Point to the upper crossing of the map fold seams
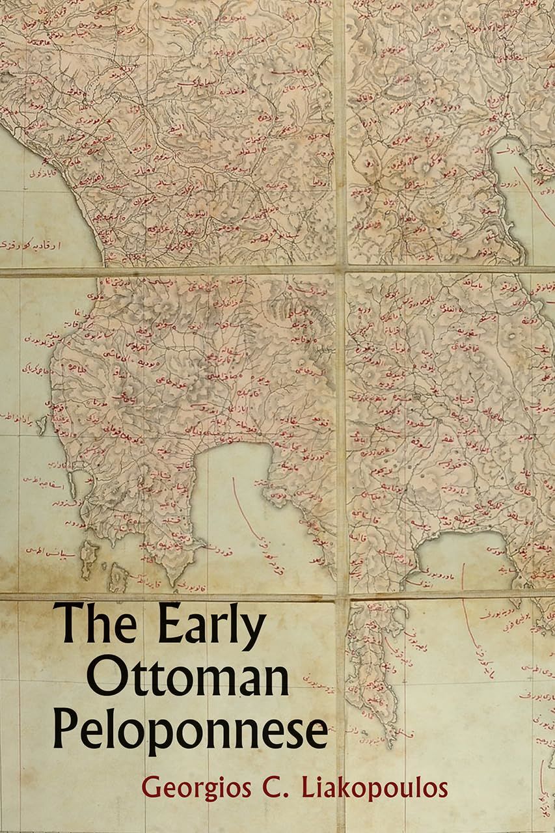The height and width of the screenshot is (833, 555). [340, 269]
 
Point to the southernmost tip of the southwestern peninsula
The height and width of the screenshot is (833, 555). [173, 582]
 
